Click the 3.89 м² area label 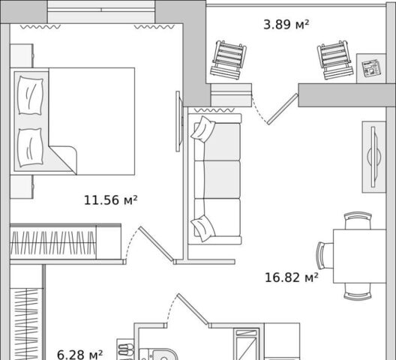pos(286,25)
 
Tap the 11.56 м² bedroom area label pos(110,200)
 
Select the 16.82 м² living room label pos(292,277)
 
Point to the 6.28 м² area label pos(79,355)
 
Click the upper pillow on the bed pos(30,95)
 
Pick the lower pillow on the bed pos(30,148)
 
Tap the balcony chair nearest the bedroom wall pos(229,59)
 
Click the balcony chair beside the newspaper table pos(335,59)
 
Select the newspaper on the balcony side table pos(371,68)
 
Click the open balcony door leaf pos(283,109)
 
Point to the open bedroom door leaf pos(156,244)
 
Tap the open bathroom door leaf pos(193,309)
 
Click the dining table pos(360,256)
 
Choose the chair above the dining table pos(358,220)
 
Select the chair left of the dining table pos(325,256)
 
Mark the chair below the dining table pos(358,292)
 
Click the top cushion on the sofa pos(203,129)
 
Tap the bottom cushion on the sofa pos(203,229)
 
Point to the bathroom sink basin pos(163,355)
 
